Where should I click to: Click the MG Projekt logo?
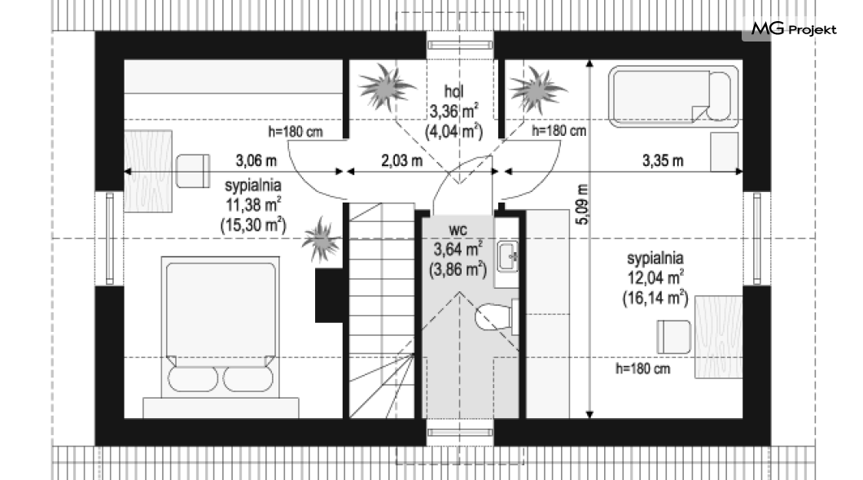pyautogui.click(x=794, y=28)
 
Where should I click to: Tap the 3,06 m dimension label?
pyautogui.click(x=256, y=160)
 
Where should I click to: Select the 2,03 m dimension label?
pyautogui.click(x=401, y=160)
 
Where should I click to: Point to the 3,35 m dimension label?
pyautogui.click(x=663, y=160)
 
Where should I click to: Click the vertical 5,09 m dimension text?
pyautogui.click(x=582, y=204)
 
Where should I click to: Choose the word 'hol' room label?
pyautogui.click(x=454, y=91)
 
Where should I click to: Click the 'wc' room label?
pyautogui.click(x=458, y=229)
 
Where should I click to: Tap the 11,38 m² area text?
pyautogui.click(x=253, y=204)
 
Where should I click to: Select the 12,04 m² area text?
pyautogui.click(x=655, y=277)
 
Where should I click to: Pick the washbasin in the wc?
pyautogui.click(x=507, y=256)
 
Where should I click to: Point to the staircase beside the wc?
pyautogui.click(x=382, y=310)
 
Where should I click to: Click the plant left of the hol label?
pyautogui.click(x=384, y=87)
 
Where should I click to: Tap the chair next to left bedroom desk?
pyautogui.click(x=193, y=171)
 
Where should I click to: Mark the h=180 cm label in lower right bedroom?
pyautogui.click(x=642, y=369)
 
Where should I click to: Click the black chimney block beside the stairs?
pyautogui.click(x=330, y=295)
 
